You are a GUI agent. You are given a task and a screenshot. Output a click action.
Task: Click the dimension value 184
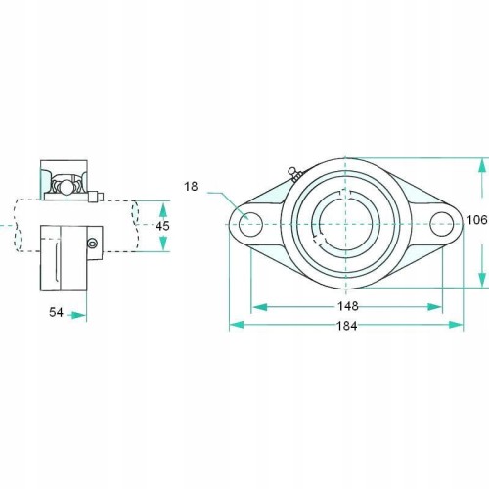(x=347, y=326)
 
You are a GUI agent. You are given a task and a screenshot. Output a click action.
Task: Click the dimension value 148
(x=348, y=306)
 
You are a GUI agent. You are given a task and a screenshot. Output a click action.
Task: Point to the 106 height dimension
(x=477, y=220)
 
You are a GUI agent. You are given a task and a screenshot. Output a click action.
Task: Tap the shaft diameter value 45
(x=162, y=226)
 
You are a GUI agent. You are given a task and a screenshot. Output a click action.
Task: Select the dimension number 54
(x=56, y=312)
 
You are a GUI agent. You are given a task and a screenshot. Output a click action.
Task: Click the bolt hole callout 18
(x=191, y=187)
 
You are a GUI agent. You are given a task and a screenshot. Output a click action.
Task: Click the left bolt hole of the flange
(x=250, y=224)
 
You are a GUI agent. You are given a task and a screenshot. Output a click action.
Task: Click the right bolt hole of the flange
(x=442, y=224)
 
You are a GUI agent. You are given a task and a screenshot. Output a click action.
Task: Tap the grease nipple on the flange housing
(x=294, y=174)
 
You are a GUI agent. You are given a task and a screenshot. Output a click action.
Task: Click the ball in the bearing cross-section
(x=67, y=187)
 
